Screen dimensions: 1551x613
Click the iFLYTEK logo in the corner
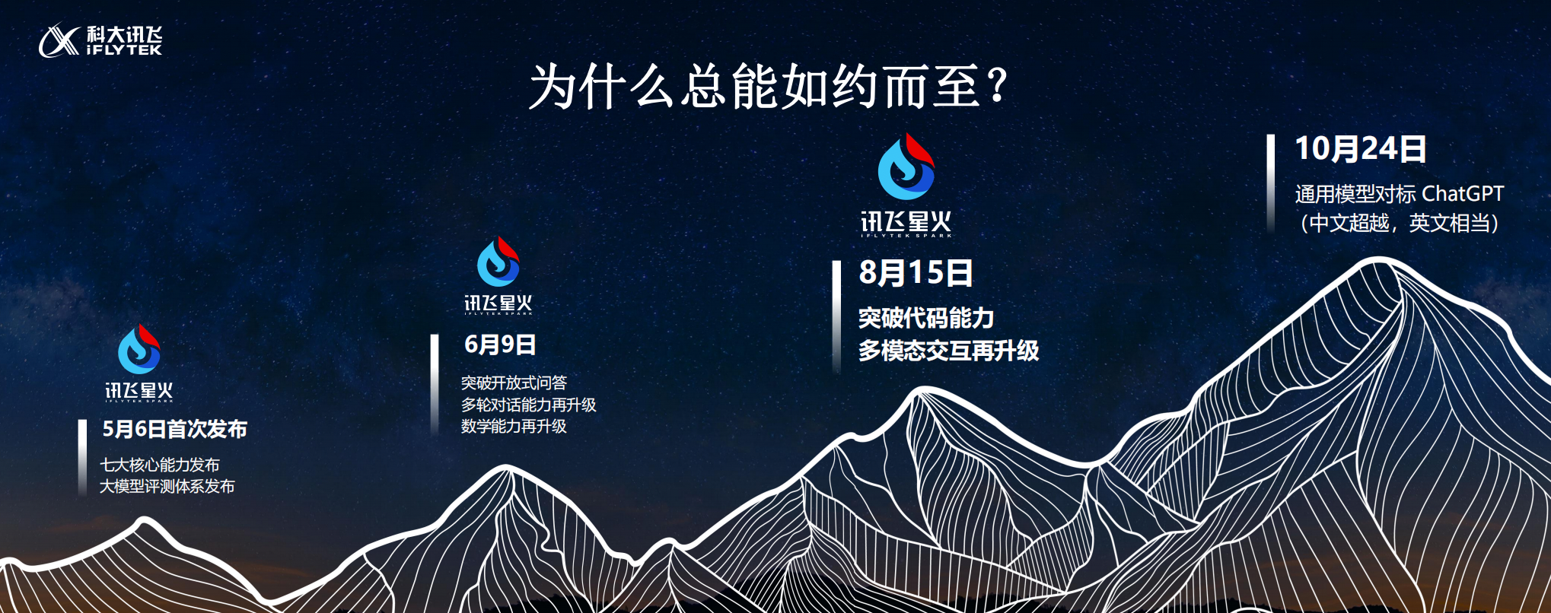click(100, 40)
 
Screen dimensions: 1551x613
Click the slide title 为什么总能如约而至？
click(769, 87)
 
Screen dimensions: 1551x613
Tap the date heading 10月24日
click(1361, 148)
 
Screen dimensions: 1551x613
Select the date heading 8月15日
click(916, 272)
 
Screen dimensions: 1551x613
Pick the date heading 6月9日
click(500, 345)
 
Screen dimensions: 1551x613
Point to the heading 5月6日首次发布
click(174, 429)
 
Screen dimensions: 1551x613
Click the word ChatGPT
click(1463, 194)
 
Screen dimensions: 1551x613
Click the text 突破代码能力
click(926, 318)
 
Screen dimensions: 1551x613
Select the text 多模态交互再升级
click(948, 351)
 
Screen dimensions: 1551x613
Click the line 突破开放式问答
click(514, 383)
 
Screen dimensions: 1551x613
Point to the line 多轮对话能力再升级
click(528, 405)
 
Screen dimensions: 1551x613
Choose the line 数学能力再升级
click(514, 426)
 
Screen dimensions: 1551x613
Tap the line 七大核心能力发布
click(160, 465)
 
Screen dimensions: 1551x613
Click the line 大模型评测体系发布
click(167, 486)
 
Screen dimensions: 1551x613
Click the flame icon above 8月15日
click(906, 167)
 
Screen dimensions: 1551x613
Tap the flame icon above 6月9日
click(498, 262)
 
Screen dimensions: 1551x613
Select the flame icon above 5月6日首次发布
click(139, 349)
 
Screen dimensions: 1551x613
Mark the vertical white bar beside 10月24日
click(1270, 183)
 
